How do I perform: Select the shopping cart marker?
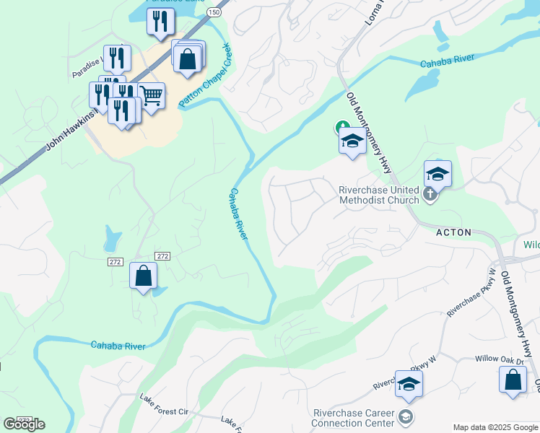pos(151,95)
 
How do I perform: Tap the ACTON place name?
pos(453,232)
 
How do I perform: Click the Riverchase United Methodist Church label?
pos(379,195)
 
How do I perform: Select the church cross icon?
pos(430,193)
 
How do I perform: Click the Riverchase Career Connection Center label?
pos(353,418)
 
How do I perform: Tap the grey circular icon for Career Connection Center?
pos(406,416)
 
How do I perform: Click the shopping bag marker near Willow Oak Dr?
pos(513,380)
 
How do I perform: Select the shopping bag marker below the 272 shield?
pos(144,276)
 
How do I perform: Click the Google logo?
pos(24,424)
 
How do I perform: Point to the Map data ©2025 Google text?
pos(495,427)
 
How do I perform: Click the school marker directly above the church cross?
pos(437,173)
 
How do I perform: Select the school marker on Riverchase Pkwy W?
pos(408,384)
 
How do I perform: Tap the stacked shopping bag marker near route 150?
pos(188,58)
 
